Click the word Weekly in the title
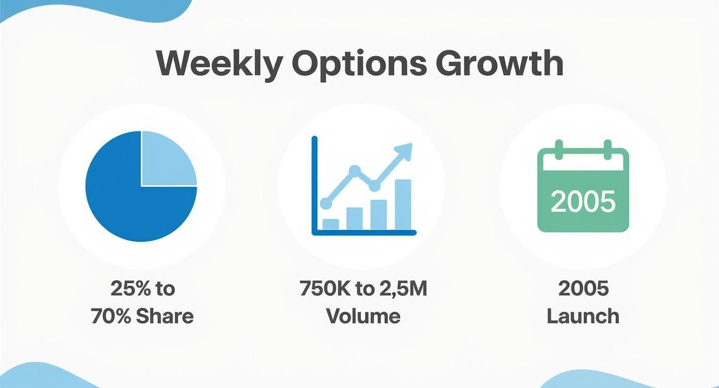pyautogui.click(x=219, y=64)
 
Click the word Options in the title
pyautogui.click(x=359, y=64)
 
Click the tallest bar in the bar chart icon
pyautogui.click(x=403, y=204)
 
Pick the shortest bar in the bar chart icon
pyautogui.click(x=331, y=224)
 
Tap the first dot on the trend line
pyautogui.click(x=326, y=203)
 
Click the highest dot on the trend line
pyautogui.click(x=354, y=170)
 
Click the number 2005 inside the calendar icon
pyautogui.click(x=583, y=201)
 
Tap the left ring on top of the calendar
pyautogui.click(x=557, y=148)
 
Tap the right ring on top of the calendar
pyautogui.click(x=608, y=148)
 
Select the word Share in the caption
pyautogui.click(x=165, y=316)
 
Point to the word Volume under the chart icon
pyautogui.click(x=363, y=316)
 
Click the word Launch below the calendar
pyautogui.click(x=583, y=316)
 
